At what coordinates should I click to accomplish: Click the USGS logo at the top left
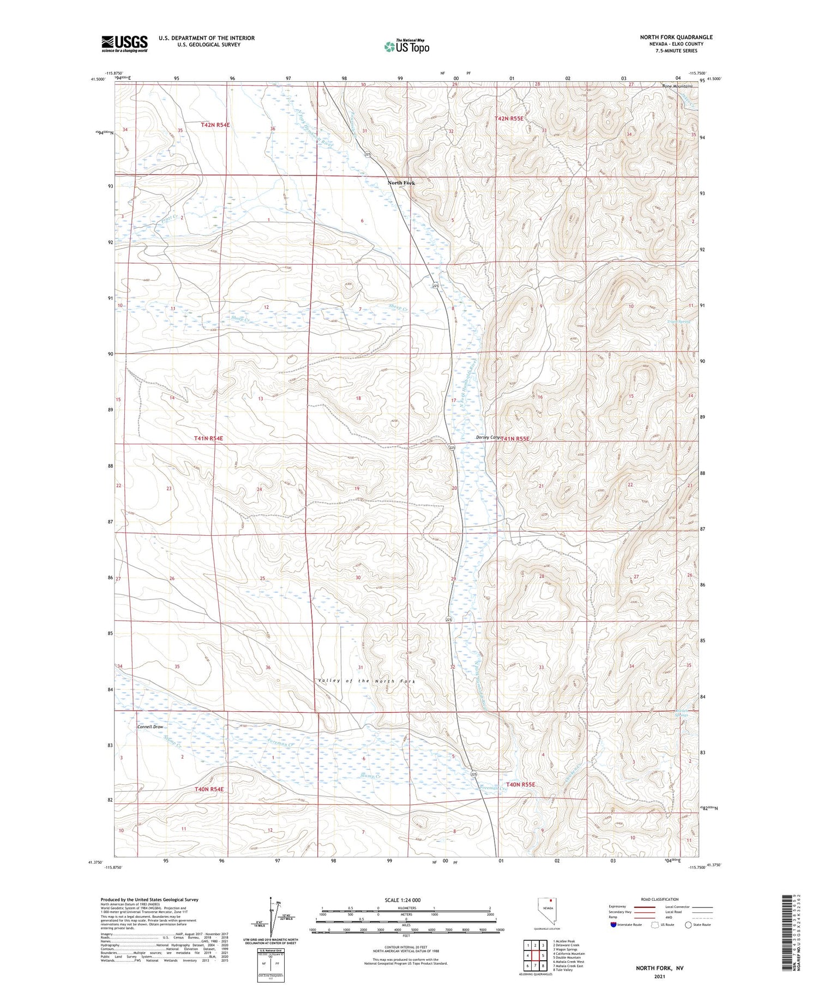pos(124,44)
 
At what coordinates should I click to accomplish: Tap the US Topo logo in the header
pos(406,46)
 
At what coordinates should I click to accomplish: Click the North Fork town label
pos(401,183)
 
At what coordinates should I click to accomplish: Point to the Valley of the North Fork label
pos(366,681)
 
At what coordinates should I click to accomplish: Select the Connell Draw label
pos(150,727)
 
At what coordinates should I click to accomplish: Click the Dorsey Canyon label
pos(489,437)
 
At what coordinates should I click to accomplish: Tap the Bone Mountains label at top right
pos(678,86)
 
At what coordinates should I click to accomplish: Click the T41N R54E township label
pos(208,438)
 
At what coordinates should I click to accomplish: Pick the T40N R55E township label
pos(520,784)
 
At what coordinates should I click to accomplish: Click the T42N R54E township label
pos(215,125)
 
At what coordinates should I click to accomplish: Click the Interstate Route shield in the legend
pos(613,925)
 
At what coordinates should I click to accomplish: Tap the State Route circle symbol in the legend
pos(689,925)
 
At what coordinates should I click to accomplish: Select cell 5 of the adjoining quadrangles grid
pos(543,955)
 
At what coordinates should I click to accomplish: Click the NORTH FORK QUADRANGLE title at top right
pos(676,37)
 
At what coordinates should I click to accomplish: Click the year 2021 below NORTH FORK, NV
pos(659,976)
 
